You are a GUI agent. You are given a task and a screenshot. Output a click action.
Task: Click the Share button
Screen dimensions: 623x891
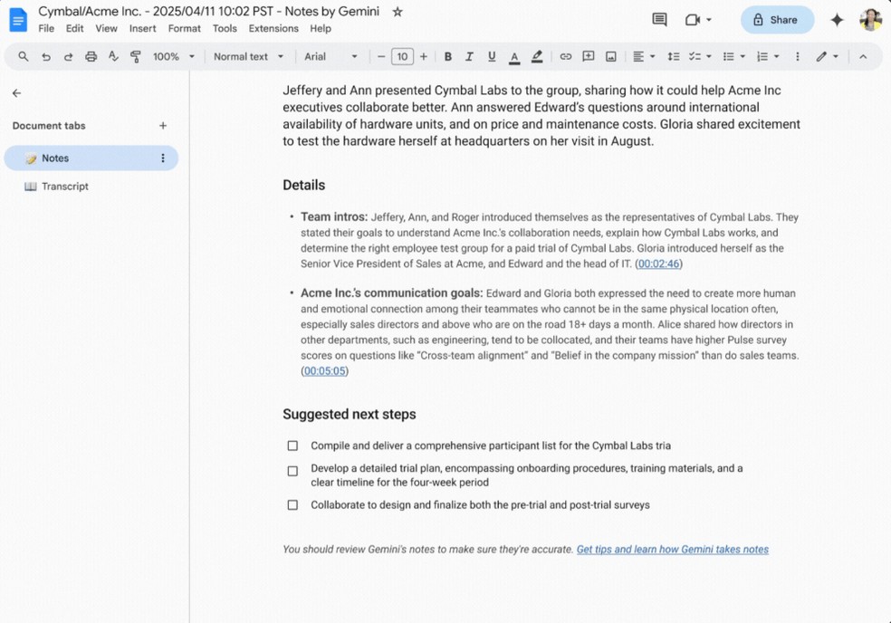point(776,20)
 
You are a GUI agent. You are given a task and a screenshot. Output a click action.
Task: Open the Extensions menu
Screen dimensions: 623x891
point(273,29)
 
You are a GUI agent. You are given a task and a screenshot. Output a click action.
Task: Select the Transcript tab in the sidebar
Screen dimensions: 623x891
point(64,187)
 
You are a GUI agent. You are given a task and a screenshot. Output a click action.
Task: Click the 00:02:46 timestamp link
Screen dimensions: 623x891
point(658,264)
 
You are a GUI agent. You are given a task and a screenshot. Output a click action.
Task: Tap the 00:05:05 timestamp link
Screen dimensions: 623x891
point(324,371)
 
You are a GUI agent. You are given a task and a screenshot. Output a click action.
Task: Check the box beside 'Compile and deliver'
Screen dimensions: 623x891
point(292,446)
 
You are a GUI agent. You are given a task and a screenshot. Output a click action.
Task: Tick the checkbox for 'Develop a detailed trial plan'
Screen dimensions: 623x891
point(292,471)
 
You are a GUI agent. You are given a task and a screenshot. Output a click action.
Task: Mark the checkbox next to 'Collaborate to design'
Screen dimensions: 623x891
point(292,505)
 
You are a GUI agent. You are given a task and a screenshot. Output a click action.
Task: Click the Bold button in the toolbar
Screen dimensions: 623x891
point(447,56)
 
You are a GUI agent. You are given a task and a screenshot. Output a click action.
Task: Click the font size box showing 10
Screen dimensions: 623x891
point(402,56)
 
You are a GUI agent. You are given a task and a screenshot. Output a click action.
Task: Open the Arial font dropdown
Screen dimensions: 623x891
point(331,56)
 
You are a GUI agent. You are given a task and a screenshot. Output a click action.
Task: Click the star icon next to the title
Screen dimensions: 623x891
point(398,12)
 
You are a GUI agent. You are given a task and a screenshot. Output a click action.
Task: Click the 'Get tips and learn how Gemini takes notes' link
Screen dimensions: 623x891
point(672,550)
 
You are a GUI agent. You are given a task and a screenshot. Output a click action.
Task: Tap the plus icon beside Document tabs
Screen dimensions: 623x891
point(163,126)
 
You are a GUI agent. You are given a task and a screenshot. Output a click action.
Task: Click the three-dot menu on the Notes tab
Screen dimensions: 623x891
point(163,158)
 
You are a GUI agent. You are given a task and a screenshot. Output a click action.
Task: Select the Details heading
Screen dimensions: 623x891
point(303,185)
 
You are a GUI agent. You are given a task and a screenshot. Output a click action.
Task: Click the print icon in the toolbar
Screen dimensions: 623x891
point(91,56)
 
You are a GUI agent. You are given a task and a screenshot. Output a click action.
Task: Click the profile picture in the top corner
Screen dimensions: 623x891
point(870,20)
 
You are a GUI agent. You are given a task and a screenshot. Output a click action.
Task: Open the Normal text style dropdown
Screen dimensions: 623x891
point(248,56)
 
